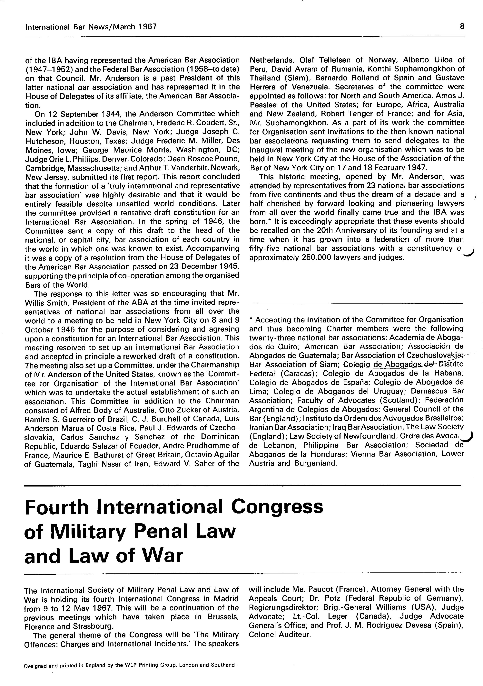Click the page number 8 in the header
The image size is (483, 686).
tap(462, 27)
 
